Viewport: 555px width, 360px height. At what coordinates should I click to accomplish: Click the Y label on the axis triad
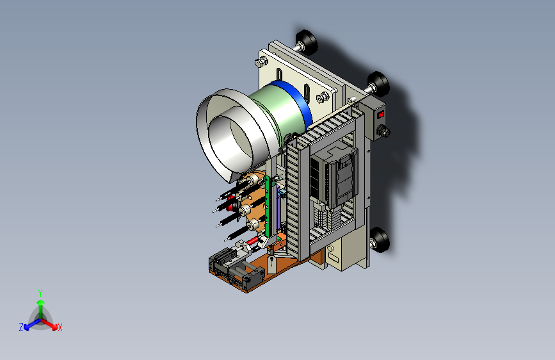[x=40, y=293]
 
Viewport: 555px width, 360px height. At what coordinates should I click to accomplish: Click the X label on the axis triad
[x=60, y=328]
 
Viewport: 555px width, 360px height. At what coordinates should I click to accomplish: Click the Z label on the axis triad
[x=21, y=327]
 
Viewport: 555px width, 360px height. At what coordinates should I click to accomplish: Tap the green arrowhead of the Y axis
[x=41, y=302]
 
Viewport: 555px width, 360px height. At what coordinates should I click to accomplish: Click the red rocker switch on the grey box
[x=380, y=115]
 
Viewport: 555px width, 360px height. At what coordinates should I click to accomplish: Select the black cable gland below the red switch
[x=383, y=131]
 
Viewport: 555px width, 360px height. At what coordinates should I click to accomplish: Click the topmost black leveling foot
[x=306, y=42]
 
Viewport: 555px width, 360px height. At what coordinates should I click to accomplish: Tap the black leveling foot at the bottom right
[x=380, y=240]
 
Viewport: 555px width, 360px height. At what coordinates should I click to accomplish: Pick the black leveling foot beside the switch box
[x=378, y=85]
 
